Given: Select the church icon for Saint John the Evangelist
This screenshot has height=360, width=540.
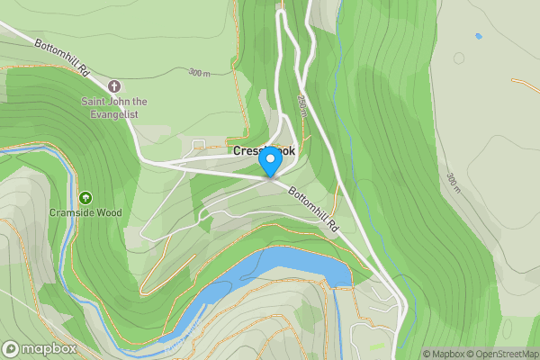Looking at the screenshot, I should [x=113, y=86].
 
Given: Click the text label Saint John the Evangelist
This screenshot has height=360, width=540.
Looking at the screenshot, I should [x=114, y=107].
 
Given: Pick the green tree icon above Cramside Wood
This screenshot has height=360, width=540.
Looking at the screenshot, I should [x=85, y=197].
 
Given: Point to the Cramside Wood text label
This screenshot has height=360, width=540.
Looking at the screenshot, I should [x=85, y=213].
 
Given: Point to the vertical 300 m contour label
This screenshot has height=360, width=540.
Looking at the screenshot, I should [x=452, y=183].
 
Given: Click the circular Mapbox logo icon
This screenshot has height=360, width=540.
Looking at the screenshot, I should [x=12, y=349].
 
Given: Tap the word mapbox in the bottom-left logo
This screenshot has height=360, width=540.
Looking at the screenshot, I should [x=49, y=349].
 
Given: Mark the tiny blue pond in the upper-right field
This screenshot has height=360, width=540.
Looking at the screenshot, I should [x=478, y=36].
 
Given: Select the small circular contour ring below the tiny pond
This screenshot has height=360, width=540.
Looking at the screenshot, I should [x=459, y=58].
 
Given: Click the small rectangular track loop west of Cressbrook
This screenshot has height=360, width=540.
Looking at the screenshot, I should [x=198, y=143].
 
